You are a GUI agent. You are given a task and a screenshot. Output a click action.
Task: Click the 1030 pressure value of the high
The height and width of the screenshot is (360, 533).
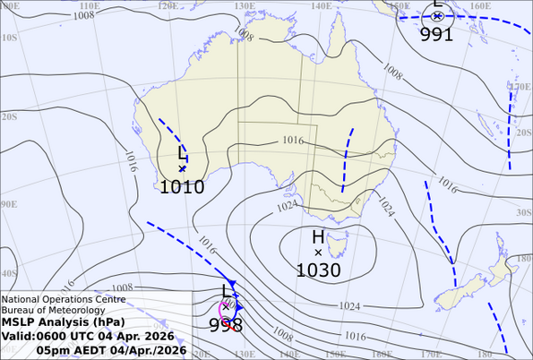318,270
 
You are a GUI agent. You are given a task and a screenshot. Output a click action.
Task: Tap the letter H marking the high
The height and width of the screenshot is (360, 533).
318,237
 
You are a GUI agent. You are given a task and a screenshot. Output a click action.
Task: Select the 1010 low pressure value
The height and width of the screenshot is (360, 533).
182,187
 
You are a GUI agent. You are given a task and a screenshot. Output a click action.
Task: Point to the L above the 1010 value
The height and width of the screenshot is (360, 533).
183,153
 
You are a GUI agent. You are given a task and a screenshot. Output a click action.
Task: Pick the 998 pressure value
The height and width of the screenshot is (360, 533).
225,325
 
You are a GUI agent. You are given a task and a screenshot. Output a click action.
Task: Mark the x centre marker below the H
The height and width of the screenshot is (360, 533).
318,253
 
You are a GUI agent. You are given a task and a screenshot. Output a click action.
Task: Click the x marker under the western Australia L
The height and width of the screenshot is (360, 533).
182,168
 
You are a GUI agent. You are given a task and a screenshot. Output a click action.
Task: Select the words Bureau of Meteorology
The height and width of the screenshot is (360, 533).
50,310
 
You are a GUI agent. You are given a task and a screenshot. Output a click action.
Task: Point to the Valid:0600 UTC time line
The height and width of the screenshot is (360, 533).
88,336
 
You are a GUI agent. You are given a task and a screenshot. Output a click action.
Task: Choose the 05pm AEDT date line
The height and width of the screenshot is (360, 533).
111,349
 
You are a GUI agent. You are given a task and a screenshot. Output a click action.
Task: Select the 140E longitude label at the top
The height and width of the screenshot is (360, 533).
321,6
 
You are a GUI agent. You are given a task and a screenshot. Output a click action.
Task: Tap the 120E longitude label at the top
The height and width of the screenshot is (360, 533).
167,6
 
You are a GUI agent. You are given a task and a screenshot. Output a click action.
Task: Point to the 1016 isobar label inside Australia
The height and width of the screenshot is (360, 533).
292,141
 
